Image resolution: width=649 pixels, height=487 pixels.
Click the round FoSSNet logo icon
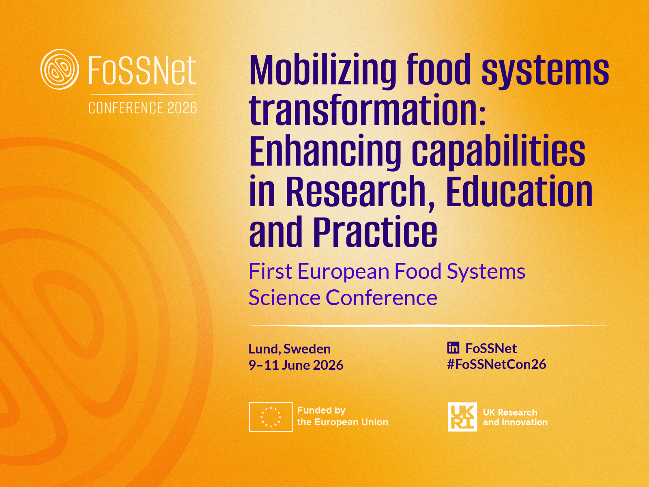click(60, 69)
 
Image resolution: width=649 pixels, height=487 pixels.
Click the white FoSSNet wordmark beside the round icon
click(142, 70)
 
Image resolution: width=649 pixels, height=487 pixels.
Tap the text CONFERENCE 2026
click(142, 108)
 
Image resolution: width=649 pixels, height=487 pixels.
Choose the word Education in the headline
click(520, 190)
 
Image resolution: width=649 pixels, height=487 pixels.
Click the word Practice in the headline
click(375, 231)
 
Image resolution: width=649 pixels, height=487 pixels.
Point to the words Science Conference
click(343, 297)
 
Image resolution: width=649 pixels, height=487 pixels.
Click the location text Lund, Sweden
click(290, 349)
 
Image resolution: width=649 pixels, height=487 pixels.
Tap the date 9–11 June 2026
click(296, 365)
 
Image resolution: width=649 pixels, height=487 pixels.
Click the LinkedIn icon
click(453, 348)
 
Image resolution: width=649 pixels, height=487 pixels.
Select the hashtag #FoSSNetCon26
click(497, 364)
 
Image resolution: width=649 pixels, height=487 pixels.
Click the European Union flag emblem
click(271, 417)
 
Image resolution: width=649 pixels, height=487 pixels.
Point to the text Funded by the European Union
click(343, 416)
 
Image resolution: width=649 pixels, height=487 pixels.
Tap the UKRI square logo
click(462, 417)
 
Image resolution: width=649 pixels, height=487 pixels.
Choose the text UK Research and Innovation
click(515, 417)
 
